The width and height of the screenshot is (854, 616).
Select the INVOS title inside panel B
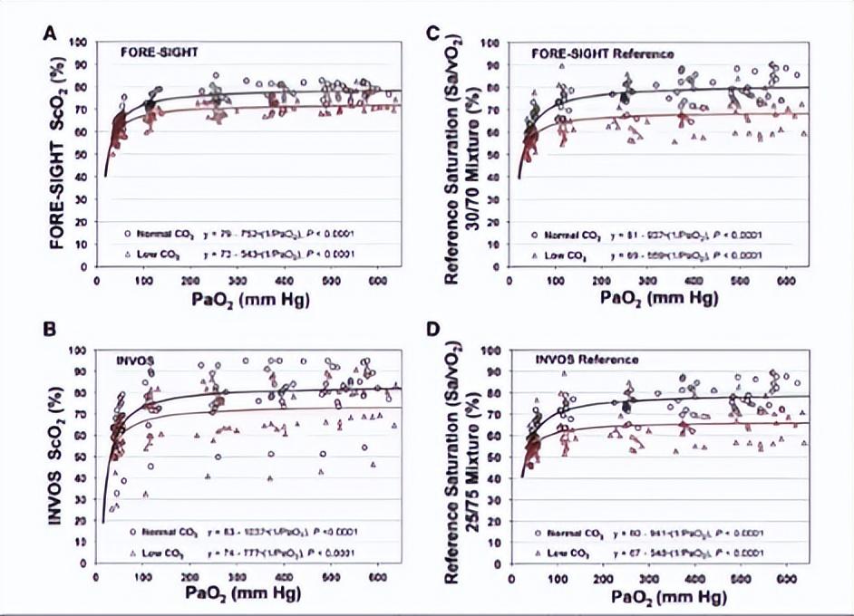pyautogui.click(x=135, y=361)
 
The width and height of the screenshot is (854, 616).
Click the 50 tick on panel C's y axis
pyautogui.click(x=495, y=155)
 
